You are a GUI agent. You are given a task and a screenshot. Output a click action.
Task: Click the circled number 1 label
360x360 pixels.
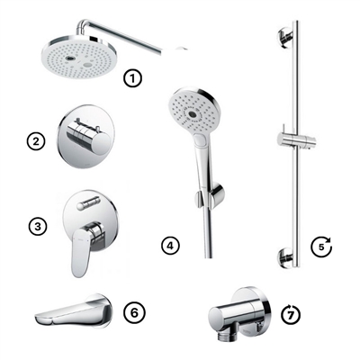(133, 78)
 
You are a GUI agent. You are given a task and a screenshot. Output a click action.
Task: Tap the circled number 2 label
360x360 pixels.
(37, 140)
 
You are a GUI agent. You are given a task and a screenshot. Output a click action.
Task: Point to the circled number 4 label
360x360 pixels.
(172, 244)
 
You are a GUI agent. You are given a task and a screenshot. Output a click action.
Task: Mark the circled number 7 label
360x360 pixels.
(291, 314)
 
